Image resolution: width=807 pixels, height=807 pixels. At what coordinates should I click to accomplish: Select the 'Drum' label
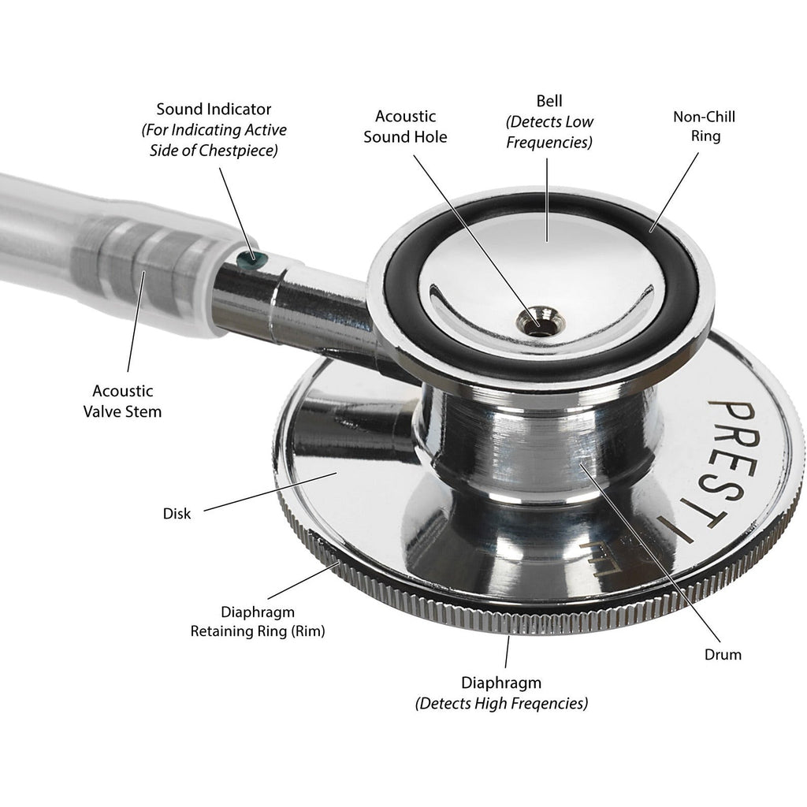coord(723,654)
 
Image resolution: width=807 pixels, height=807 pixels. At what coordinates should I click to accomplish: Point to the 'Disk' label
coord(177,514)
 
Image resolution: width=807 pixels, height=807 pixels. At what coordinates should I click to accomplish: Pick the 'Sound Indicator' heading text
coord(213,109)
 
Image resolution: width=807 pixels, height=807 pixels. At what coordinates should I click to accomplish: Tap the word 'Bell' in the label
coord(550,101)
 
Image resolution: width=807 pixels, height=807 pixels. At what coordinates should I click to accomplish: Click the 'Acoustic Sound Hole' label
coord(411,126)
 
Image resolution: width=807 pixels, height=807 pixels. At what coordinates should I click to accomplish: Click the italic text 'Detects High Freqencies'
coord(501,703)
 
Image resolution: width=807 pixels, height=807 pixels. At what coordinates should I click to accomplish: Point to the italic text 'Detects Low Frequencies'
coord(550,132)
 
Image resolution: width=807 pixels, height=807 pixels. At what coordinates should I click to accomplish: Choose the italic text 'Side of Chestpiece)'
coord(213,150)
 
